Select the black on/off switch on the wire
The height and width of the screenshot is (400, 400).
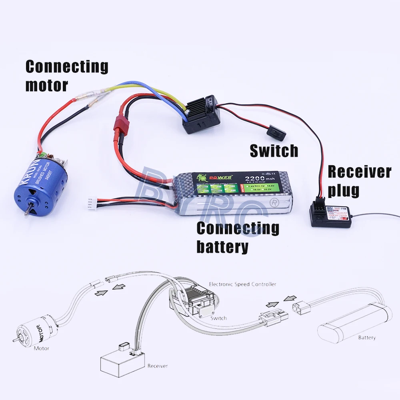click(276, 132)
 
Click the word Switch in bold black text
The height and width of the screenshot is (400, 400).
click(274, 151)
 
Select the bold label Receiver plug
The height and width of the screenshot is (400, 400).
click(359, 181)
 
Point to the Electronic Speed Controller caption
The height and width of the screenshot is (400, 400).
click(242, 284)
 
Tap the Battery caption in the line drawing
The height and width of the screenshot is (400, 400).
click(367, 338)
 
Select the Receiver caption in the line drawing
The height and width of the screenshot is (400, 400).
click(158, 366)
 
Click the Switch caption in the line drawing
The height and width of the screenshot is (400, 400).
click(218, 318)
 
